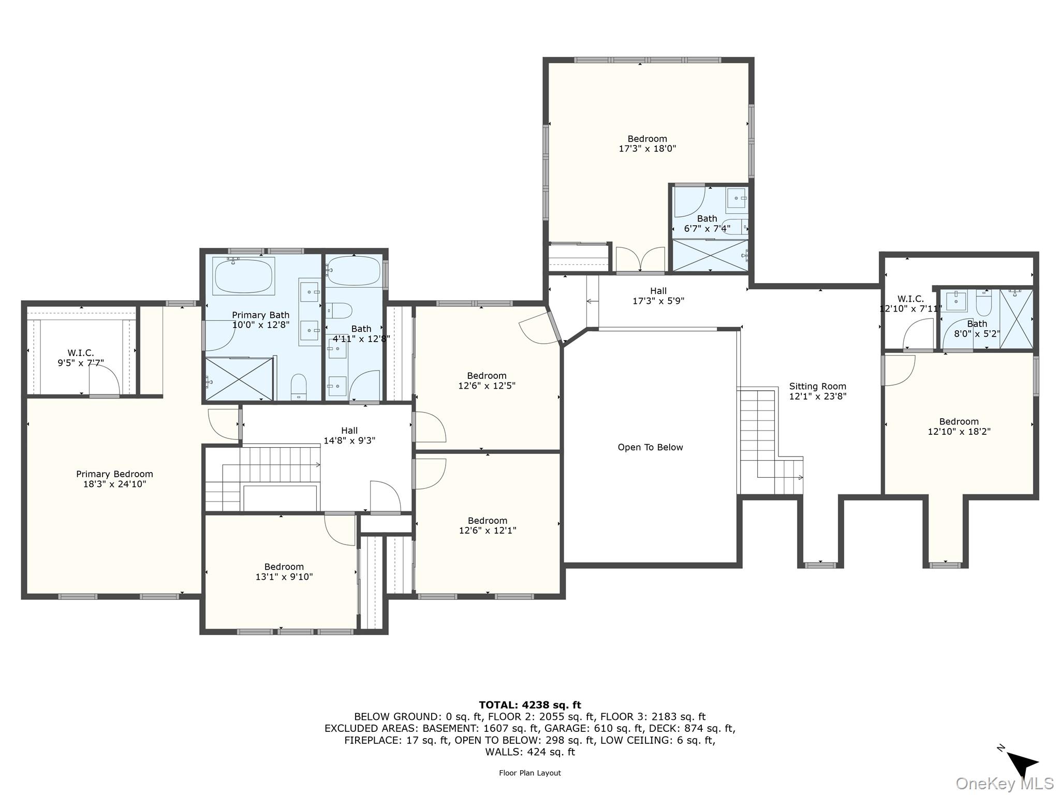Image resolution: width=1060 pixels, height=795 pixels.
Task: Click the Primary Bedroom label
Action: [x=114, y=474]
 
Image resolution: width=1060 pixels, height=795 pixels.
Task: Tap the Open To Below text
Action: [x=650, y=447]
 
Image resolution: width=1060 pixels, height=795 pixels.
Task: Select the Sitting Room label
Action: [x=817, y=386]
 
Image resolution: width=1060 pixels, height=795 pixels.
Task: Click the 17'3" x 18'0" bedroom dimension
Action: [x=647, y=149]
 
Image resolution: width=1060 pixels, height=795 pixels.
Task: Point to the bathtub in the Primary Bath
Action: [x=243, y=276]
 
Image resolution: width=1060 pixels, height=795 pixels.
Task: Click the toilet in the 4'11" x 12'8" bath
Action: [x=340, y=311]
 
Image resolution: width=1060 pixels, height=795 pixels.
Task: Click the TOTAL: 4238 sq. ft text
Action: [x=529, y=704]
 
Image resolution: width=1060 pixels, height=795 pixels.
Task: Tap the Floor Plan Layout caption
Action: [x=529, y=773]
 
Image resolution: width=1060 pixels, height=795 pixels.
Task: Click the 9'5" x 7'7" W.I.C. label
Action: [x=81, y=358]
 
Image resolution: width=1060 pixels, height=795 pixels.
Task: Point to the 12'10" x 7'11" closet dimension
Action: [x=910, y=308]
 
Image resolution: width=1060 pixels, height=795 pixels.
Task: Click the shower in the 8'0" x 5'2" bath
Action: [x=1016, y=318]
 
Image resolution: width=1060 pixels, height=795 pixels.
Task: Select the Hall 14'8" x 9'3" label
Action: [x=349, y=435]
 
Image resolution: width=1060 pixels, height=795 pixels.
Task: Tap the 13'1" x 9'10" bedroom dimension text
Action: [x=284, y=577]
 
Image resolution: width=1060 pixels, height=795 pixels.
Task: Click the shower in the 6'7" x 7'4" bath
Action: [x=710, y=255]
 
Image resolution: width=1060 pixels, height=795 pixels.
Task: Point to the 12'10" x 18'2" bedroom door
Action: [x=900, y=371]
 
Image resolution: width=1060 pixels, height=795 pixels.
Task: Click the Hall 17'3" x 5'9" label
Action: [x=658, y=296]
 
